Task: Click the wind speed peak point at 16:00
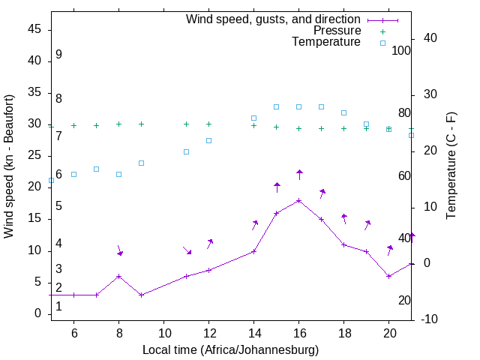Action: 299,200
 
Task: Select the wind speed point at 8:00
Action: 118,276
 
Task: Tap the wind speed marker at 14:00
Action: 254,251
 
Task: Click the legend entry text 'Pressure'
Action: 337,31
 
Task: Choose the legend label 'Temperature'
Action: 325,43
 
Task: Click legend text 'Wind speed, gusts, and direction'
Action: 273,19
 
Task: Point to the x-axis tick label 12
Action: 209,333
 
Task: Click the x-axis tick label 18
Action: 344,333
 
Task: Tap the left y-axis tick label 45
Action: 34,29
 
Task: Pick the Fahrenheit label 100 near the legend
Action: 401,51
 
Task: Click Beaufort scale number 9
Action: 58,55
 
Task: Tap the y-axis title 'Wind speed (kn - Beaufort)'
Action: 9,166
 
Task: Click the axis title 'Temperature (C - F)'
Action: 451,166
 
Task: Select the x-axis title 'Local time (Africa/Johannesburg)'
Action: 230,349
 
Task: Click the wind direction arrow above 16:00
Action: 299,174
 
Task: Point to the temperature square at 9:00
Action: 141,163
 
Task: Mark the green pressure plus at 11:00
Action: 187,124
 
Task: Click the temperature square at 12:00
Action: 209,140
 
